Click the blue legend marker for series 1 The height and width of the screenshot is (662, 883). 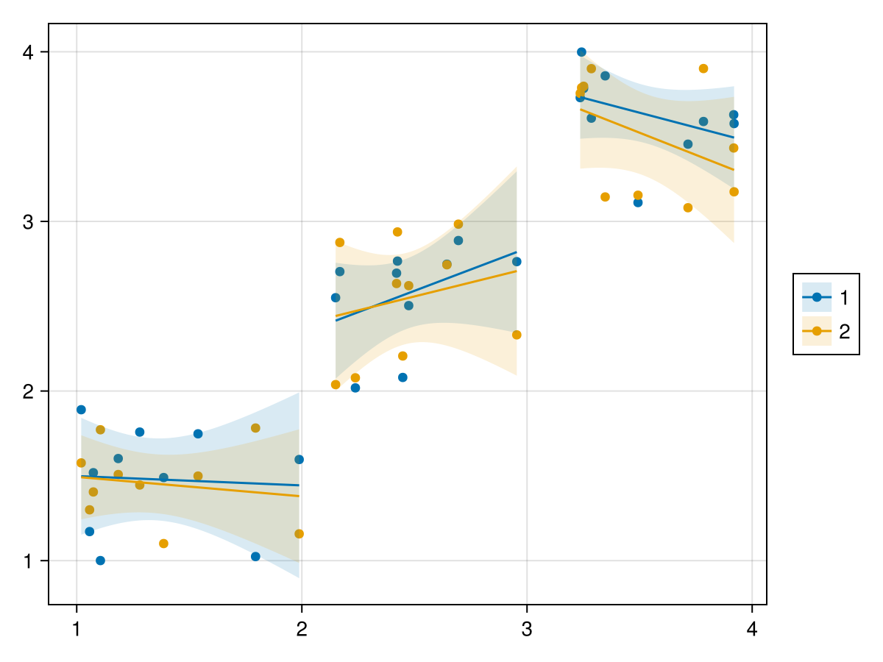(x=817, y=297)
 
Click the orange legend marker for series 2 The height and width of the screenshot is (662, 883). (x=817, y=331)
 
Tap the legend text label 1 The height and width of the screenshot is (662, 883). (x=844, y=297)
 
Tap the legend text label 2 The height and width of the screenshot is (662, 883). (x=844, y=331)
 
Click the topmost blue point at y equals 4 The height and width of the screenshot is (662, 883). (x=581, y=52)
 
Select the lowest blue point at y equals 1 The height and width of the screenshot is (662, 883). (x=100, y=560)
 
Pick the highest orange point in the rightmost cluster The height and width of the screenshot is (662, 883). (x=703, y=68)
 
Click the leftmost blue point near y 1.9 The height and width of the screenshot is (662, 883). (x=81, y=410)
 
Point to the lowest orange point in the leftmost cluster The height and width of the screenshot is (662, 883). (x=163, y=544)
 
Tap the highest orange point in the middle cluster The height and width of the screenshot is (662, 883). (x=458, y=224)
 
